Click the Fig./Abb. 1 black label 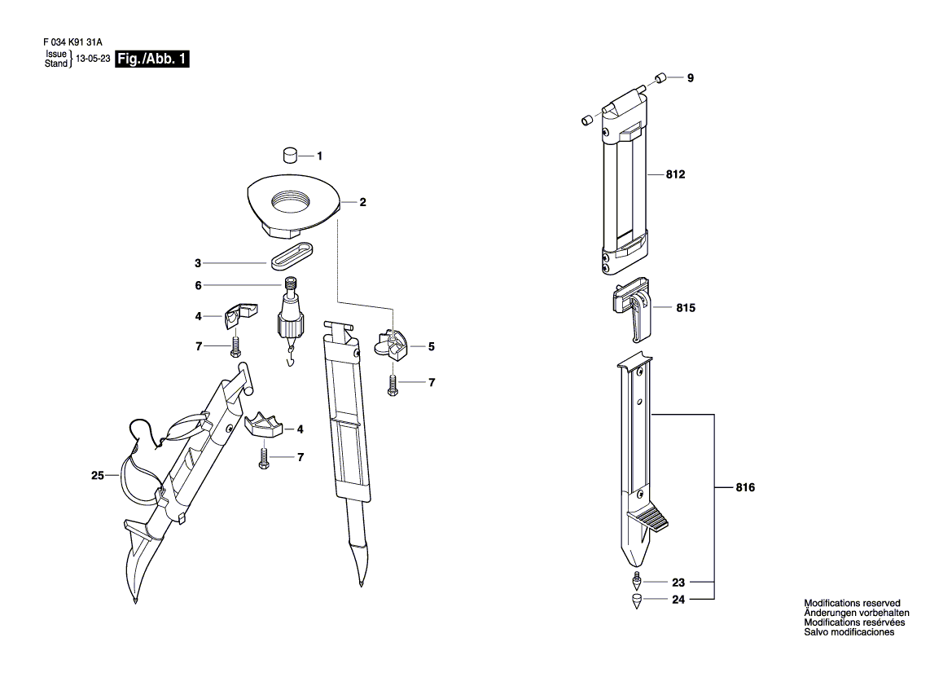151,59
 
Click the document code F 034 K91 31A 72,42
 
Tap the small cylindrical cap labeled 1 291,155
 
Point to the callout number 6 198,285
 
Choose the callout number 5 431,347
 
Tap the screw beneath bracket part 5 393,385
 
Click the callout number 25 98,476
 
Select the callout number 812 675,174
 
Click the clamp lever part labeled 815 632,308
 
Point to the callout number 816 745,487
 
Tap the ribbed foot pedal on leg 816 652,516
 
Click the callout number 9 691,77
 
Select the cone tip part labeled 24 636,601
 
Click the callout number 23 678,583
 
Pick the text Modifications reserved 852,603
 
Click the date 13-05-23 93,59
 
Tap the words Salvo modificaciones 849,632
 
